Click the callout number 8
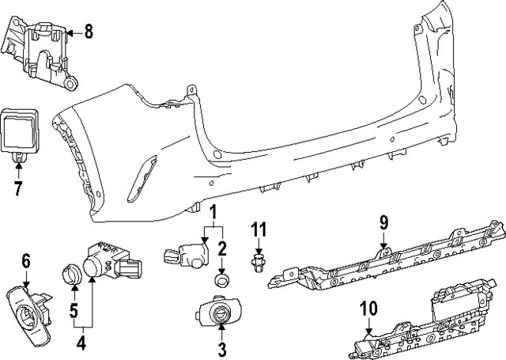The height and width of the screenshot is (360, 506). click(89, 32)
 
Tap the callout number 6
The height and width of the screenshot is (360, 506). click(25, 260)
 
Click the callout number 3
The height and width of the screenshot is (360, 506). click(222, 348)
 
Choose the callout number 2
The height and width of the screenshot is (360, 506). click(223, 248)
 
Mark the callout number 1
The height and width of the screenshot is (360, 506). click(212, 212)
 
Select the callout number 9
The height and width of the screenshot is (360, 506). click(383, 223)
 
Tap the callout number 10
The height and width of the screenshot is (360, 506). click(368, 306)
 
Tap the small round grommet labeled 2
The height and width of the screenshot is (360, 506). click(222, 281)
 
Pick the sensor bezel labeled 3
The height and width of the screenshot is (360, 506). click(217, 315)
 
